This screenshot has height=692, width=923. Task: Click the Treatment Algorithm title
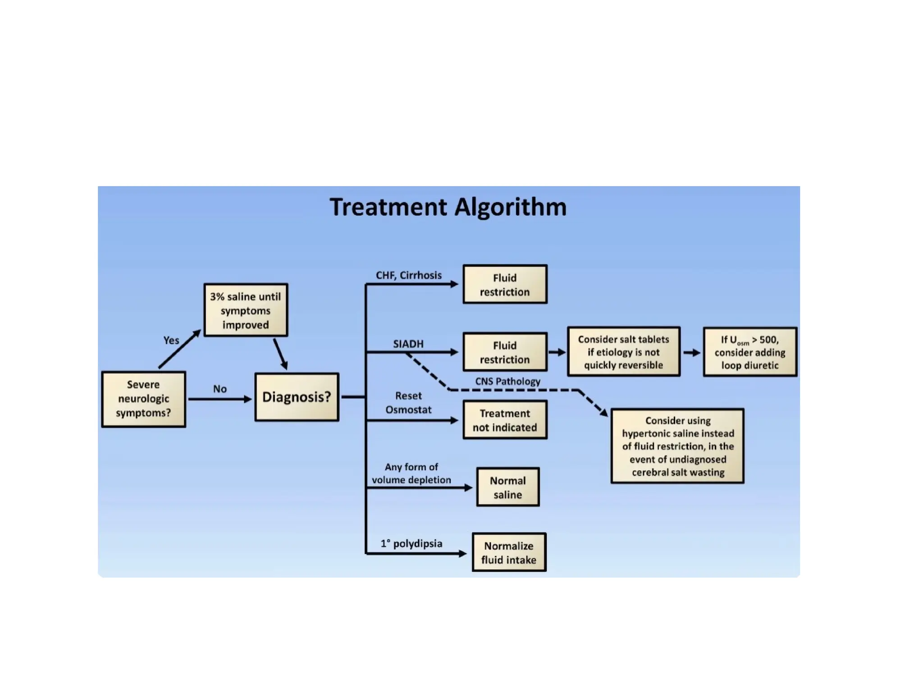[x=448, y=207]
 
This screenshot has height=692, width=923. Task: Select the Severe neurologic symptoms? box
[x=143, y=399]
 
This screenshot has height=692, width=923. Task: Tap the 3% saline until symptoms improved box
[x=246, y=310]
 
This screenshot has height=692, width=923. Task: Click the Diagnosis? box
[x=297, y=397]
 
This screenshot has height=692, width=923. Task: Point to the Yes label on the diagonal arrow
[x=171, y=340]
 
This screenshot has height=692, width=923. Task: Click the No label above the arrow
[x=220, y=389]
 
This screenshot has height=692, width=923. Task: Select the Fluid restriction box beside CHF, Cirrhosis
[x=505, y=284]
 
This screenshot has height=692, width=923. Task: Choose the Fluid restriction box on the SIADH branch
[x=505, y=352]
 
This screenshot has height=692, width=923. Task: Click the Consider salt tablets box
[x=623, y=352]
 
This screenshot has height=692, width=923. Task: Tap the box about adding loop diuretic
[x=749, y=352]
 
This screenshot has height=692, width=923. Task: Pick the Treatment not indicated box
[x=505, y=420]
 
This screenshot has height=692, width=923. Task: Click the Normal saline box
[x=507, y=487]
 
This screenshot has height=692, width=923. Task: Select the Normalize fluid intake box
[x=509, y=552]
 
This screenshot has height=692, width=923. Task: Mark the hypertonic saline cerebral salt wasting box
[x=677, y=446]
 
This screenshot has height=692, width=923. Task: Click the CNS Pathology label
[x=507, y=381]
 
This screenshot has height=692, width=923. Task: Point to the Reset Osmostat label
[x=408, y=402]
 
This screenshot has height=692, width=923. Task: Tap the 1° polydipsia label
[x=411, y=543]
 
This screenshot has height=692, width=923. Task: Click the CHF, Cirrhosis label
[x=409, y=275]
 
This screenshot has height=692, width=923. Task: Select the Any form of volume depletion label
[x=411, y=473]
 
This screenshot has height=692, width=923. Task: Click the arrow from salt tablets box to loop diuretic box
[x=691, y=353]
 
